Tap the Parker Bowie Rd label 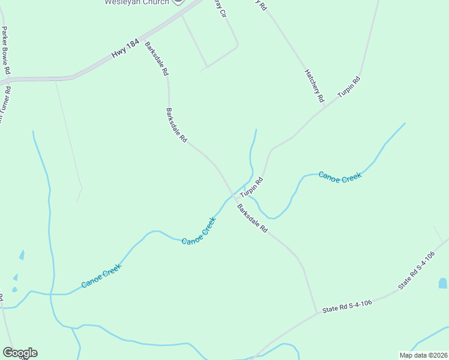click(x=6, y=50)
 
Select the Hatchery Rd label click(x=315, y=85)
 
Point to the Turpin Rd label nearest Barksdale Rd click(x=252, y=188)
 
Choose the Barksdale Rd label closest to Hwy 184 click(x=156, y=58)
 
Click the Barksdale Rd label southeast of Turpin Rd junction click(x=252, y=218)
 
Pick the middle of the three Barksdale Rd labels click(x=176, y=125)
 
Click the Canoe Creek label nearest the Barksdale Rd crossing click(x=199, y=230)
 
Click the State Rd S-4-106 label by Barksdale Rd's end click(x=347, y=306)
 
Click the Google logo click(x=20, y=353)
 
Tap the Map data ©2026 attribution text click(x=423, y=355)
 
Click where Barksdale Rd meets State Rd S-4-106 click(x=316, y=313)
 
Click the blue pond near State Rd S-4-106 click(x=443, y=283)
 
